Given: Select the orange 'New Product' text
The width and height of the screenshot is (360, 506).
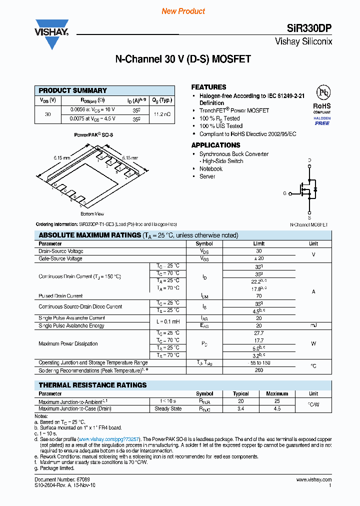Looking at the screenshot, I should [183, 11].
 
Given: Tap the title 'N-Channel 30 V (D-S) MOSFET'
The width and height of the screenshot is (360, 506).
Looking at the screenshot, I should [183, 59].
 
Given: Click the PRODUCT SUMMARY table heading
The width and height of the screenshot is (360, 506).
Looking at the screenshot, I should [73, 90].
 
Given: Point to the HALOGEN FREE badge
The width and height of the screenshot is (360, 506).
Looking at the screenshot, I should [322, 121].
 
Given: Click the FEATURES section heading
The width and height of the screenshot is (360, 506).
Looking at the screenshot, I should [208, 87].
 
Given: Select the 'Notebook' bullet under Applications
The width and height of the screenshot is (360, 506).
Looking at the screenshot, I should [210, 169].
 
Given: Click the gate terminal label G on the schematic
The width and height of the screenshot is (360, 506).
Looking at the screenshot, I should [284, 193].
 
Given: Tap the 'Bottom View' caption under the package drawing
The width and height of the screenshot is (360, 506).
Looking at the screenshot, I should [91, 214].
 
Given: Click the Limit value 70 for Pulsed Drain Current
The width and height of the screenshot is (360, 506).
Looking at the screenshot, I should [258, 296].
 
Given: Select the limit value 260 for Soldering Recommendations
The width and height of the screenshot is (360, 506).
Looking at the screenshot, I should [258, 370].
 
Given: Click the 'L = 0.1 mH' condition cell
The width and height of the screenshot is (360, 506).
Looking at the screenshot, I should [167, 321].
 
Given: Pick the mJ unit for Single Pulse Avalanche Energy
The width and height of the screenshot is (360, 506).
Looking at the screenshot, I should [313, 325].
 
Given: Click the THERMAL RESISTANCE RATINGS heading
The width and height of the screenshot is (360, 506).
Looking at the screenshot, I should [92, 385].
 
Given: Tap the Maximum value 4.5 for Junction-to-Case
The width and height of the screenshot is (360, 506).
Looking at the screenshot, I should [276, 408].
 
